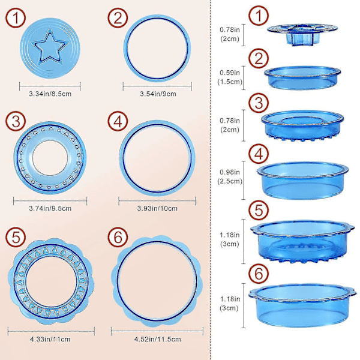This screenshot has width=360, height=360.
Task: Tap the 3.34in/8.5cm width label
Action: click(50, 94)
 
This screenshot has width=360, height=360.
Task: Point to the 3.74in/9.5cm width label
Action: click(50, 208)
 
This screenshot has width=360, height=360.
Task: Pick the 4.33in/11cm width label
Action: click(50, 339)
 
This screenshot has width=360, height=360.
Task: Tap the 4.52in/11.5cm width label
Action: click(157, 339)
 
